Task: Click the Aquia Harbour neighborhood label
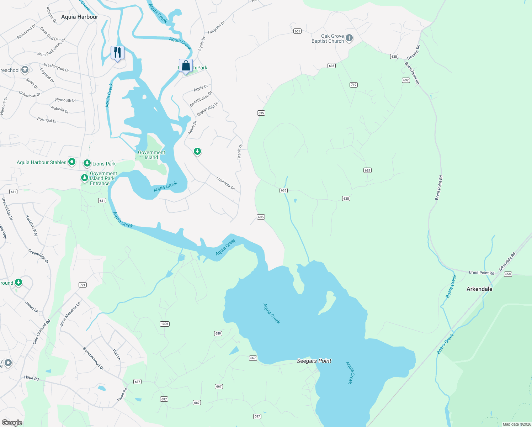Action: click(x=80, y=17)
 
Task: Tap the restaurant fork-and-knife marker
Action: click(x=117, y=53)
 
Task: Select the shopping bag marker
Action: click(x=186, y=66)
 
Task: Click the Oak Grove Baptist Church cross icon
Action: click(x=349, y=38)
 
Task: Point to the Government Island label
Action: click(x=151, y=155)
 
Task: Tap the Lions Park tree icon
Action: click(x=87, y=163)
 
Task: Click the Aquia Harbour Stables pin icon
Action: click(x=71, y=162)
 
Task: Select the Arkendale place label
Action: click(x=479, y=289)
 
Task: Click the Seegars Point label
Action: click(x=314, y=361)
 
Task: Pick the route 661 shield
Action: click(x=297, y=31)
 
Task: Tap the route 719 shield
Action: click(x=353, y=85)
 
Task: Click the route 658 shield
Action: click(x=508, y=274)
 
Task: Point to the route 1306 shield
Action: click(x=164, y=324)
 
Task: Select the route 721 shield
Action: click(x=83, y=285)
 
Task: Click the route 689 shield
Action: click(x=218, y=333)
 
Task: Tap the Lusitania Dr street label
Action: click(x=225, y=183)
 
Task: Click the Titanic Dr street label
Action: click(x=240, y=152)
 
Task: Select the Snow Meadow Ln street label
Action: click(x=70, y=314)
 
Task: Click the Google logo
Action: click(x=12, y=422)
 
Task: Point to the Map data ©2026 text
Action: click(x=517, y=424)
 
